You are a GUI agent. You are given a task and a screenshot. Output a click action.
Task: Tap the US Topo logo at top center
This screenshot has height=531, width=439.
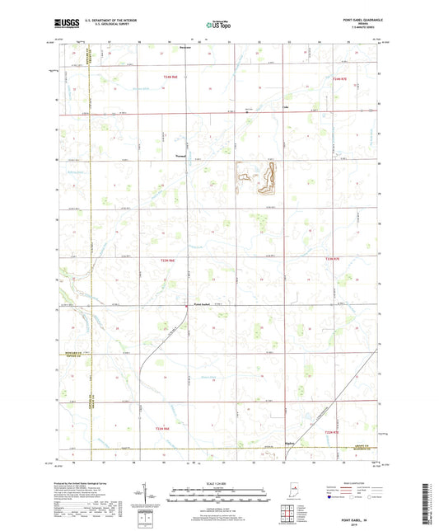tap(218, 26)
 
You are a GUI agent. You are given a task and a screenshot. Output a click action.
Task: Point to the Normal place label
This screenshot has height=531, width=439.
tap(181, 157)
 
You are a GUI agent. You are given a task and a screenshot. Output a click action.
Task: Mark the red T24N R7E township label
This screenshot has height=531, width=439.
tap(331, 78)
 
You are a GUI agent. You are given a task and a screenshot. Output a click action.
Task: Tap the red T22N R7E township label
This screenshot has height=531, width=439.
tap(331, 430)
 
